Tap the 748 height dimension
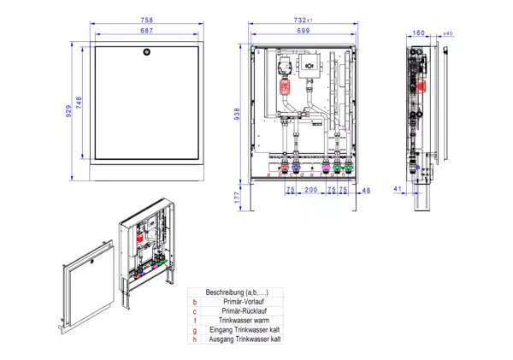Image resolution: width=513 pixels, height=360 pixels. (80, 103)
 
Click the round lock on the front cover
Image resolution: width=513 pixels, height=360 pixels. (147, 53)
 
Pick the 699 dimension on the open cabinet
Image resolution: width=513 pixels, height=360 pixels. (304, 30)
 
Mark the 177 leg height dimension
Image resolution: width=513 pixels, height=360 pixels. (239, 196)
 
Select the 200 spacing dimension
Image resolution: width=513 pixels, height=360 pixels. (310, 190)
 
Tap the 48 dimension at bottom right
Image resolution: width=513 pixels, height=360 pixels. (366, 190)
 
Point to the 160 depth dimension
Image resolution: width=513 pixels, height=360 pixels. (418, 33)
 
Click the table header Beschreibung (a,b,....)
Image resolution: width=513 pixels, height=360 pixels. (237, 292)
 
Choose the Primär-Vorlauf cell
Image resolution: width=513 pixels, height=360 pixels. (243, 302)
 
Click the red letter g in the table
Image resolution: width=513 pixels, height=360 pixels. (195, 330)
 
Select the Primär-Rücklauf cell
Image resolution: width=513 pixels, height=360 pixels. (243, 311)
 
